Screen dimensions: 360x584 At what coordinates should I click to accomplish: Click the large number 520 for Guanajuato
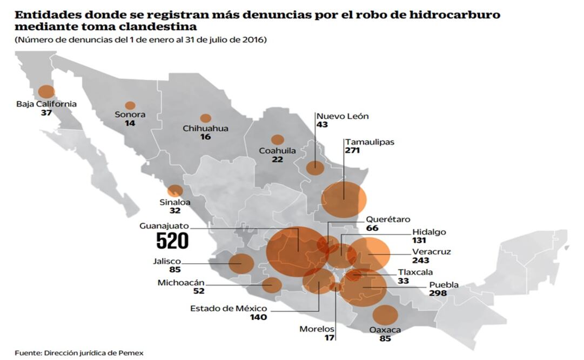coord(172,241)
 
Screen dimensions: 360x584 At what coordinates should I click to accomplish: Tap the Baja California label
coord(46,104)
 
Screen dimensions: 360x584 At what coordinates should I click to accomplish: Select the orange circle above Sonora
coord(130,105)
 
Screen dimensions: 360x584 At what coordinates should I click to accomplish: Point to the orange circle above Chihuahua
coord(205,118)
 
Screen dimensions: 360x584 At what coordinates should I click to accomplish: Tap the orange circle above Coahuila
coord(278,140)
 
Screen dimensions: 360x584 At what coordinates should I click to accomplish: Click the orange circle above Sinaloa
coord(175,191)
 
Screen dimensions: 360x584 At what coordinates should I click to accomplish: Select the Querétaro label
coord(388,219)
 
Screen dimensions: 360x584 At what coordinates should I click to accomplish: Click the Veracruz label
coord(431,251)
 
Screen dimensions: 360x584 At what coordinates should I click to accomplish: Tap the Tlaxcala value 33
coord(404,281)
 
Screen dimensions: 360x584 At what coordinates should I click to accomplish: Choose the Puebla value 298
coord(438,293)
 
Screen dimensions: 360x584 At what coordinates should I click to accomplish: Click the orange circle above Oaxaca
coord(385,315)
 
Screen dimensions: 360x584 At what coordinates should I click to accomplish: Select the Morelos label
coord(317,329)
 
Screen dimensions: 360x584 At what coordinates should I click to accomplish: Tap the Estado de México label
coord(229,309)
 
